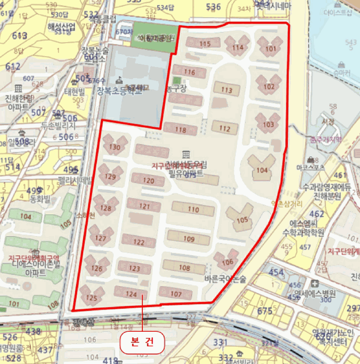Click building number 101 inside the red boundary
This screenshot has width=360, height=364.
pos(271,49)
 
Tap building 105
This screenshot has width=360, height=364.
pos(242,220)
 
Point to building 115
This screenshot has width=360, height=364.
pos(205,44)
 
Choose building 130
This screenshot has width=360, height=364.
pos(115,147)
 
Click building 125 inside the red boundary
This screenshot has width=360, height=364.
pos(92,298)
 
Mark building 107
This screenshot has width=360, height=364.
pos(177,294)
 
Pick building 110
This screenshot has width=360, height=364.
pos(193,210)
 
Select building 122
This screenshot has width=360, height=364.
pos(139,242)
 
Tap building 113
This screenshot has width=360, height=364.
pos(226,90)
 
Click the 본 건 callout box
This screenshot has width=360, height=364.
pos(142,342)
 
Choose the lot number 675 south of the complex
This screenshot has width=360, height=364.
pos(265,311)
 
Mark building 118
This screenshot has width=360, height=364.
pos(180,130)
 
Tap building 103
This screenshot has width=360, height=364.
pos(269,125)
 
